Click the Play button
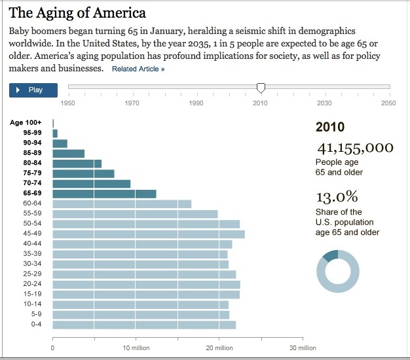(33, 90)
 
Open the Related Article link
(138, 69)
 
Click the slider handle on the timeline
(261, 87)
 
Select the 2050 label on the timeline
(388, 103)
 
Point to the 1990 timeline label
(196, 103)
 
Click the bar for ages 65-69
(104, 194)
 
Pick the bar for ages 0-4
(144, 325)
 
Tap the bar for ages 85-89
(68, 153)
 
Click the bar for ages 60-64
(122, 204)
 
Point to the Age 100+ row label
(26, 123)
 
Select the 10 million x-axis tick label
(136, 348)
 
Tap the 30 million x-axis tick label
(303, 348)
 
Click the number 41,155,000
(354, 148)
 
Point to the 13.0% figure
(337, 197)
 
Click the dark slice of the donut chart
(331, 255)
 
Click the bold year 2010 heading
(330, 127)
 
